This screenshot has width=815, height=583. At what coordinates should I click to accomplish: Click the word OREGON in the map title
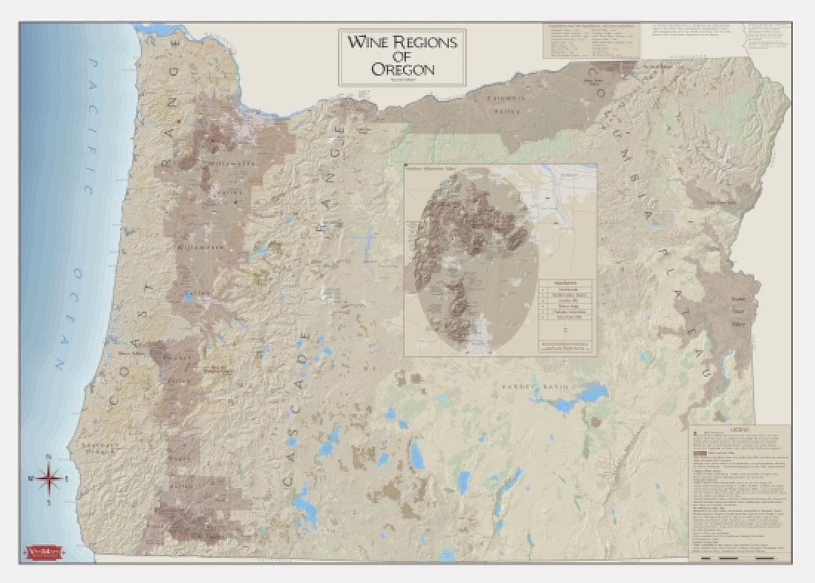[402, 69]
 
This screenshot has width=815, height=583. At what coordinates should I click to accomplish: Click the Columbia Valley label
[506, 104]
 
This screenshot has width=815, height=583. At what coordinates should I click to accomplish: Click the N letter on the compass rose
[49, 458]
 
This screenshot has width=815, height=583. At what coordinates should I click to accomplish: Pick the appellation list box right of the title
[591, 41]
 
